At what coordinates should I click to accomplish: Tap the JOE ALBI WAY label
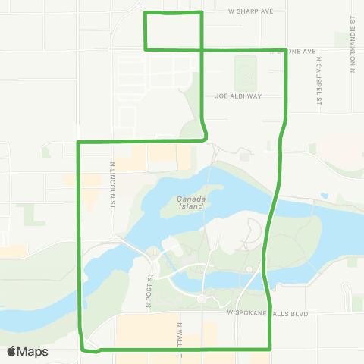(237, 96)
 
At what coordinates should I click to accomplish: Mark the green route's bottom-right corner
(271, 349)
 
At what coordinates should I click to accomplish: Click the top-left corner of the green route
(146, 13)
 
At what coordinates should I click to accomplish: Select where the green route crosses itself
(201, 49)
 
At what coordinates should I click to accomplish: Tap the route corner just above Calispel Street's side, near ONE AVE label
(286, 50)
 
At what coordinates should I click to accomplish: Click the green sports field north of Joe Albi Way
(246, 73)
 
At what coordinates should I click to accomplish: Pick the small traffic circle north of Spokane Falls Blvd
(202, 300)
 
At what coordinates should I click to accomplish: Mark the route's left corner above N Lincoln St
(79, 142)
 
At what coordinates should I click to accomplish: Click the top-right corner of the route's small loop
(201, 13)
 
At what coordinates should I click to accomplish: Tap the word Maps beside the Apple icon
(34, 352)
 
